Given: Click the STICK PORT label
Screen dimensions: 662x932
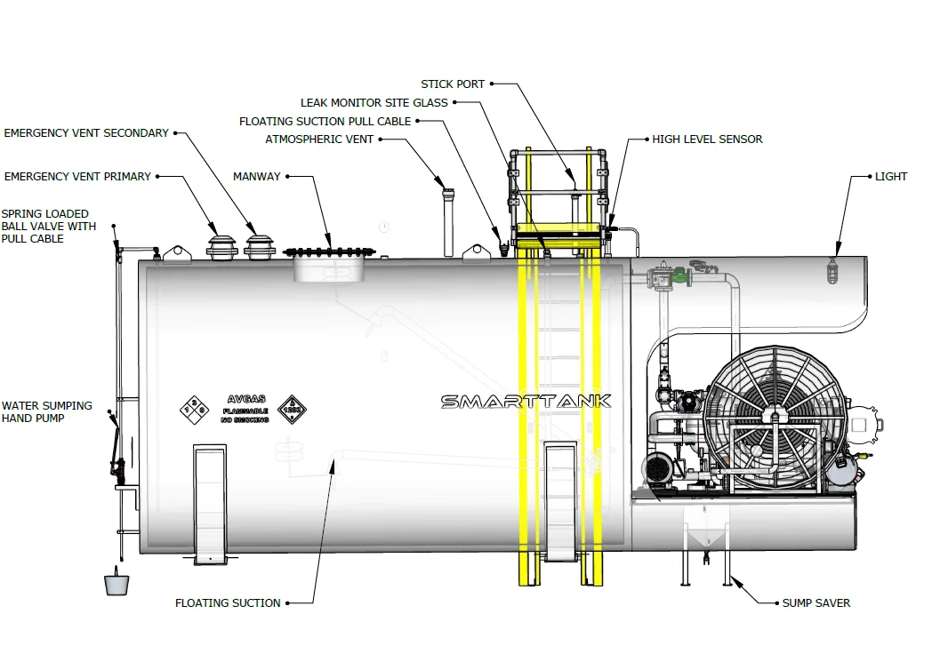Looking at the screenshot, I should (453, 84).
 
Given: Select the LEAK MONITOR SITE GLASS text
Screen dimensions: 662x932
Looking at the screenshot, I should (374, 103).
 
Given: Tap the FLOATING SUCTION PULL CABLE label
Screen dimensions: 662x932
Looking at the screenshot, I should (325, 122).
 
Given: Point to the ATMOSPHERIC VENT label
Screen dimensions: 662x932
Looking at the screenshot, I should (319, 140).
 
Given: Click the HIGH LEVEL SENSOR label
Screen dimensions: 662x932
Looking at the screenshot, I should (707, 140).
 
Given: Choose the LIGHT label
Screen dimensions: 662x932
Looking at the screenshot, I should (890, 177).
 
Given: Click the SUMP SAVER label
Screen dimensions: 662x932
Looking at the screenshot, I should (815, 603).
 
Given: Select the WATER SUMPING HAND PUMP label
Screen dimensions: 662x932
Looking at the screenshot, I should (46, 412).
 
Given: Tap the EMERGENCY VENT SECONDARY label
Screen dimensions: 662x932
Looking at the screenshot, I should (86, 133).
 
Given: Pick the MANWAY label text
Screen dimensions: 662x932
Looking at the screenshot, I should (256, 177).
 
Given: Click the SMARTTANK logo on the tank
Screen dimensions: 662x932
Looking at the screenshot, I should (526, 402).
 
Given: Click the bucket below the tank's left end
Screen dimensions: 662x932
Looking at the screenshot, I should (116, 584).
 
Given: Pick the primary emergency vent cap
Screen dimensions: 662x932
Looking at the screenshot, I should (221, 246).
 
